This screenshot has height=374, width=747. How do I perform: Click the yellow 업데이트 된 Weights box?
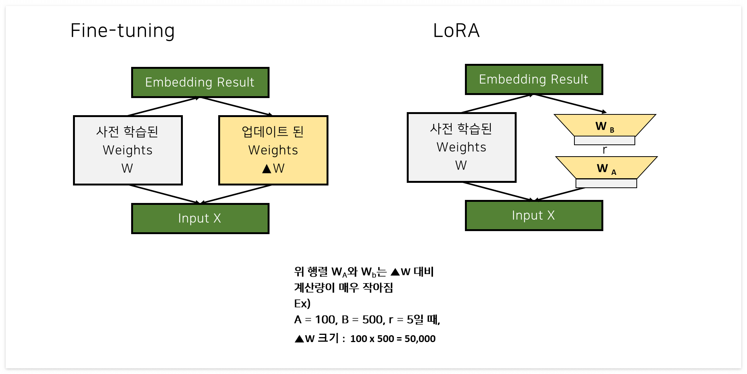[273, 150]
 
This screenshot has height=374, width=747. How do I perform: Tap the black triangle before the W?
[266, 169]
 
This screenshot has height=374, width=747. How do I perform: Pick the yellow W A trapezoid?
[606, 168]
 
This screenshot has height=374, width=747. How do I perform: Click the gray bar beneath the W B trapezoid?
[604, 141]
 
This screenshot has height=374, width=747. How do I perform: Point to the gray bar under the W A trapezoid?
[606, 183]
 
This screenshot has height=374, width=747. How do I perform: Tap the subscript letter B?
[612, 130]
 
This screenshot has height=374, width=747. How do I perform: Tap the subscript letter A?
[614, 173]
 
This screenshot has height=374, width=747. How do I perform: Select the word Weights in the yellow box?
[273, 150]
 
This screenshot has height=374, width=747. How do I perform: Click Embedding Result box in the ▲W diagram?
[200, 82]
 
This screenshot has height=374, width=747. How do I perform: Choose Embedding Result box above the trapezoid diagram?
[534, 79]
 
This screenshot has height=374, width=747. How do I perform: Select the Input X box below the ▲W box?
[200, 219]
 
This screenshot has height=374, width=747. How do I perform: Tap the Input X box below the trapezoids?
[534, 216]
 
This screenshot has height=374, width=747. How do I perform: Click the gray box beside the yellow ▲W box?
[128, 150]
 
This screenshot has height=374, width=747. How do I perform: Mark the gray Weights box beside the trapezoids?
[462, 147]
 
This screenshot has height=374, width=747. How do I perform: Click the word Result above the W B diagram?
[569, 79]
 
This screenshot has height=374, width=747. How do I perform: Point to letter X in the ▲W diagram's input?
[217, 219]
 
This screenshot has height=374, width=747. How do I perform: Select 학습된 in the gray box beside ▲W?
[141, 132]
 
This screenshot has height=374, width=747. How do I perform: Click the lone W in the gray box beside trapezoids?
[461, 165]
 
